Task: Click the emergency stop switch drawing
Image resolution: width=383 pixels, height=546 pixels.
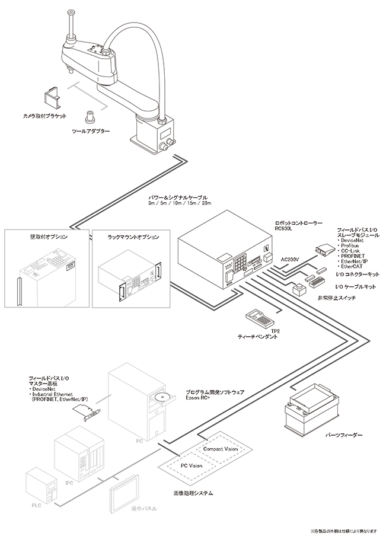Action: click(x=299, y=289)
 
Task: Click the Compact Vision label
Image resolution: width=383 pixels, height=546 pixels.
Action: click(x=220, y=449)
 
